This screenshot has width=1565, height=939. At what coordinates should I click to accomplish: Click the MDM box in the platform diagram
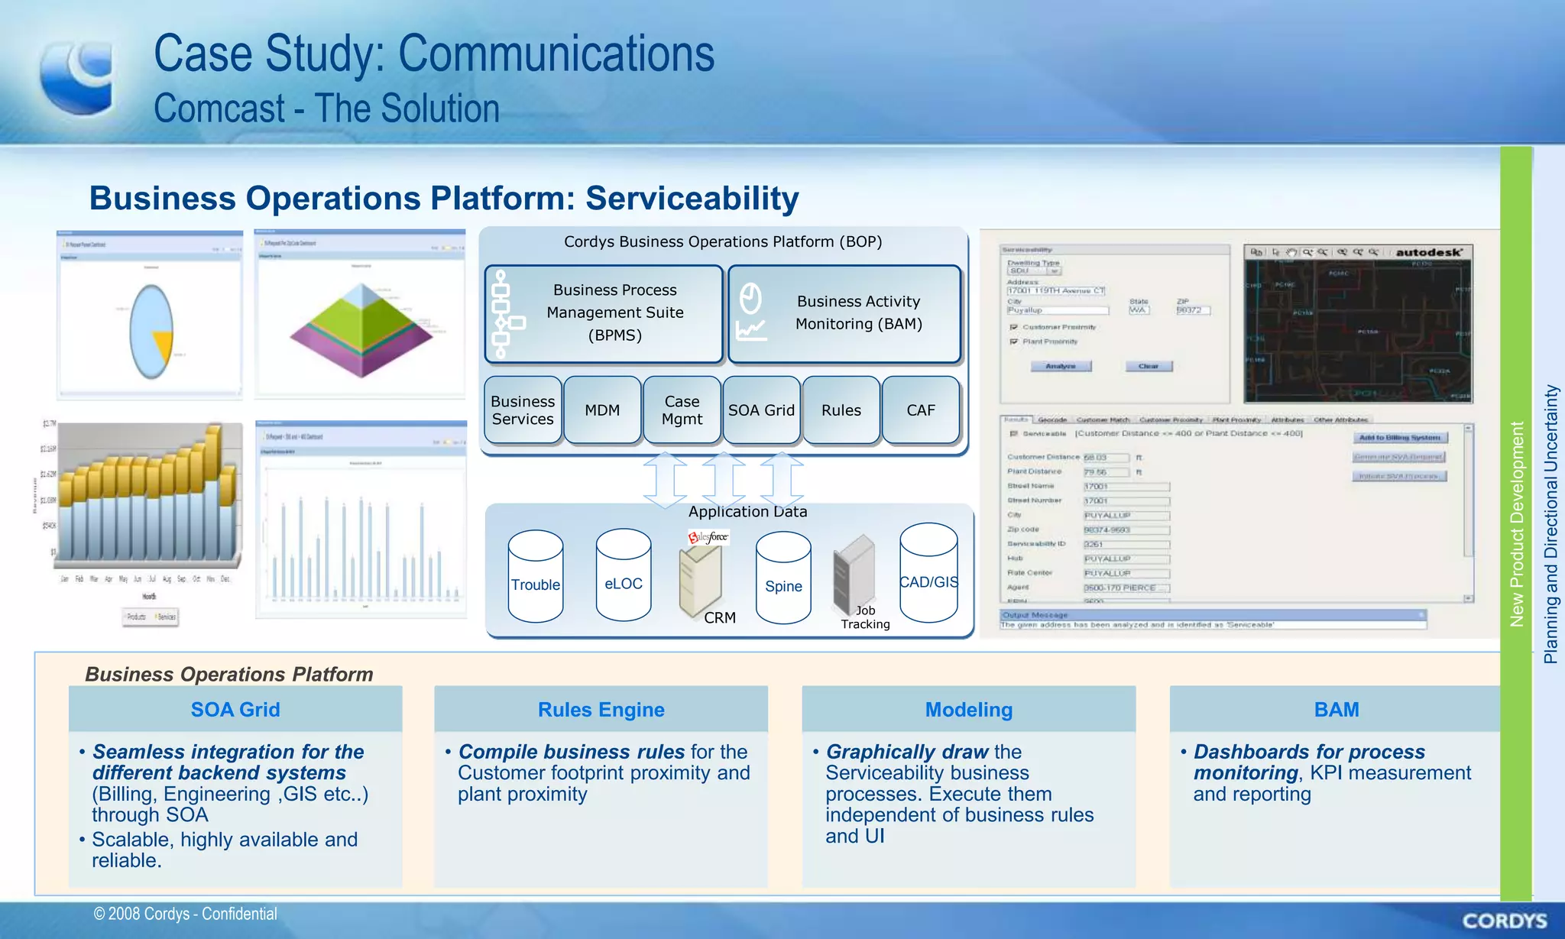pyautogui.click(x=602, y=410)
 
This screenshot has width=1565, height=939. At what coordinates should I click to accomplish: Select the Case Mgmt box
pyautogui.click(x=682, y=410)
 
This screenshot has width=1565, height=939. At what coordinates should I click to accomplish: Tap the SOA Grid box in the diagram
pyautogui.click(x=761, y=410)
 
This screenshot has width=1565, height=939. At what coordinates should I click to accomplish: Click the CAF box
pyautogui.click(x=921, y=410)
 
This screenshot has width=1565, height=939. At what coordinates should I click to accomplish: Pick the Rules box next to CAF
pyautogui.click(x=841, y=410)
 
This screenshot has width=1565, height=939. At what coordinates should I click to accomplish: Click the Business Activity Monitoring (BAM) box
pyautogui.click(x=844, y=313)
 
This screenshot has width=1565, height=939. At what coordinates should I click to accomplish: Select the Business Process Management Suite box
pyautogui.click(x=604, y=313)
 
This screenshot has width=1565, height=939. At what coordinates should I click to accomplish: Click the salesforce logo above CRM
pyautogui.click(x=708, y=537)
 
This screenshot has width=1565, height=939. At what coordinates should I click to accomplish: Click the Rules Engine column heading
pyautogui.click(x=601, y=710)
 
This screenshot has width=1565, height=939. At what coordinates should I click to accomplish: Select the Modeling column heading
pyautogui.click(x=968, y=710)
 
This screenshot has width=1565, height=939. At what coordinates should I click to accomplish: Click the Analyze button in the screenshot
pyautogui.click(x=1060, y=367)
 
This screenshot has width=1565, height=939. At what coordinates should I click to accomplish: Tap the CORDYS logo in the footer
pyautogui.click(x=1504, y=921)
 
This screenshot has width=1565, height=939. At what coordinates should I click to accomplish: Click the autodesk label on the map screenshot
pyautogui.click(x=1428, y=252)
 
